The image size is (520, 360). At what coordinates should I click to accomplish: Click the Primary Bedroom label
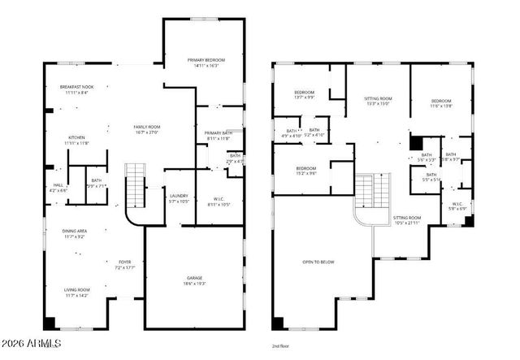click(x=206, y=63)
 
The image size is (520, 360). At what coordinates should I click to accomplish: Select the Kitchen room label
click(x=76, y=141)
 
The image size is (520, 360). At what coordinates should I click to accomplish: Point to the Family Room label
click(x=147, y=130)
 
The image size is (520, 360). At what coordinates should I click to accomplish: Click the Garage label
click(x=193, y=280)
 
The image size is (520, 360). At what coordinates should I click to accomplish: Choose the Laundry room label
click(x=179, y=198)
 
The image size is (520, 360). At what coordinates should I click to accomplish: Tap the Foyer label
click(x=123, y=265)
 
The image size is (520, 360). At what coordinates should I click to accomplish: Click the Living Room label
click(x=77, y=293)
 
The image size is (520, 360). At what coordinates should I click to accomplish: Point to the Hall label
click(x=58, y=188)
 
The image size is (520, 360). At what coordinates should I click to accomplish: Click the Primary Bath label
click(x=219, y=136)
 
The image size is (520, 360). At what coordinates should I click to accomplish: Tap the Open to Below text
click(x=318, y=262)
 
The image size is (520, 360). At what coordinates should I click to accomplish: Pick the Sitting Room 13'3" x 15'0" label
click(x=378, y=101)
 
